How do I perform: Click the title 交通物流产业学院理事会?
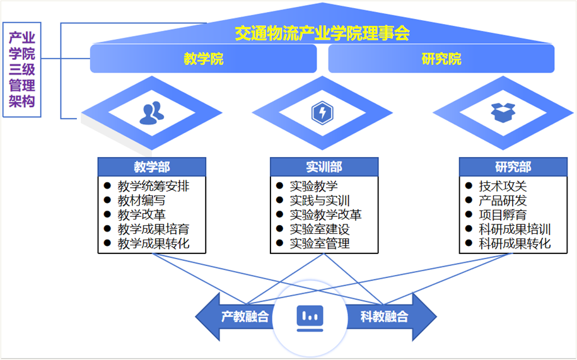[322, 33]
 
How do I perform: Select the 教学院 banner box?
[204, 59]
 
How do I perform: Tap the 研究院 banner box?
[441, 59]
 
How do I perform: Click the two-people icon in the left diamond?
[151, 113]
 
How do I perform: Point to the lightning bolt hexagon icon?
[322, 113]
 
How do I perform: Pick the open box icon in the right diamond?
[503, 112]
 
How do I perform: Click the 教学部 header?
[151, 167]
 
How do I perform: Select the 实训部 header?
[324, 167]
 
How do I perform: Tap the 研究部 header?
[513, 167]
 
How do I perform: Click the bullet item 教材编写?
[141, 200]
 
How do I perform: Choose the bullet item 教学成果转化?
[153, 243]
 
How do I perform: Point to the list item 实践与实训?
[320, 200]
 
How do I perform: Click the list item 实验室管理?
[320, 243]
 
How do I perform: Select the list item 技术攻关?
[503, 186]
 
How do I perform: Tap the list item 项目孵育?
[503, 215]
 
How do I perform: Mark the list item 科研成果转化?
[515, 243]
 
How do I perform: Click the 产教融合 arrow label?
[245, 316]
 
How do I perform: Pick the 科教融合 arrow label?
[384, 316]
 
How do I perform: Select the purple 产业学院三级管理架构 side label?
[22, 69]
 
